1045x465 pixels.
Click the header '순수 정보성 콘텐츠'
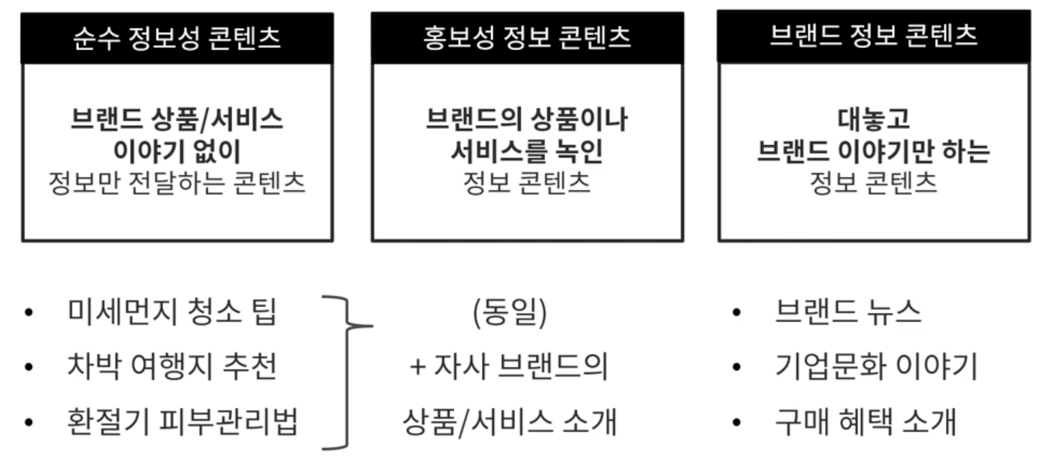[177, 38]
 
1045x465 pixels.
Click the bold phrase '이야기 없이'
[177, 151]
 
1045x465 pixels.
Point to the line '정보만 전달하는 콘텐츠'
[177, 183]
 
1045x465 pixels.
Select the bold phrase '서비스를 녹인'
[527, 151]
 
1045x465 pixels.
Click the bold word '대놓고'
[873, 120]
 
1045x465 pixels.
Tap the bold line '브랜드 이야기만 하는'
[873, 151]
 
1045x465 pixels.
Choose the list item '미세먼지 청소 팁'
[172, 312]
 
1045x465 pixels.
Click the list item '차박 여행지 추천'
[172, 366]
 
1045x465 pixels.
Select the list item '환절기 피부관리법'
[182, 422]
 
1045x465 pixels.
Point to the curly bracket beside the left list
[347, 372]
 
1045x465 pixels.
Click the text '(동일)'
[510, 312]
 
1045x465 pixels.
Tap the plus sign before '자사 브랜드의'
[417, 367]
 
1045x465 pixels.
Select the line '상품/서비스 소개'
[510, 422]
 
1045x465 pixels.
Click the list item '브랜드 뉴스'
[848, 312]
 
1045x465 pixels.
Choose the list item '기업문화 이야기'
[876, 366]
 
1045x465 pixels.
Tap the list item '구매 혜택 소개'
[865, 422]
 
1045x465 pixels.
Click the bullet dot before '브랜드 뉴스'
[736, 312]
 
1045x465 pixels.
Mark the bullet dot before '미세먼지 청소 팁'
[28, 312]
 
